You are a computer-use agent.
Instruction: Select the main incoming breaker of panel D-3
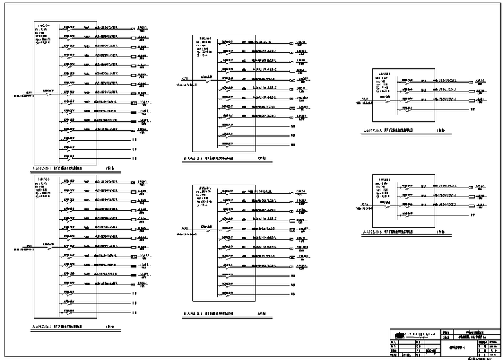(x=206, y=79)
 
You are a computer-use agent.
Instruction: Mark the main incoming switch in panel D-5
(x=387, y=100)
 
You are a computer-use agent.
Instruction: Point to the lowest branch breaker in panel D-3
(x=226, y=145)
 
